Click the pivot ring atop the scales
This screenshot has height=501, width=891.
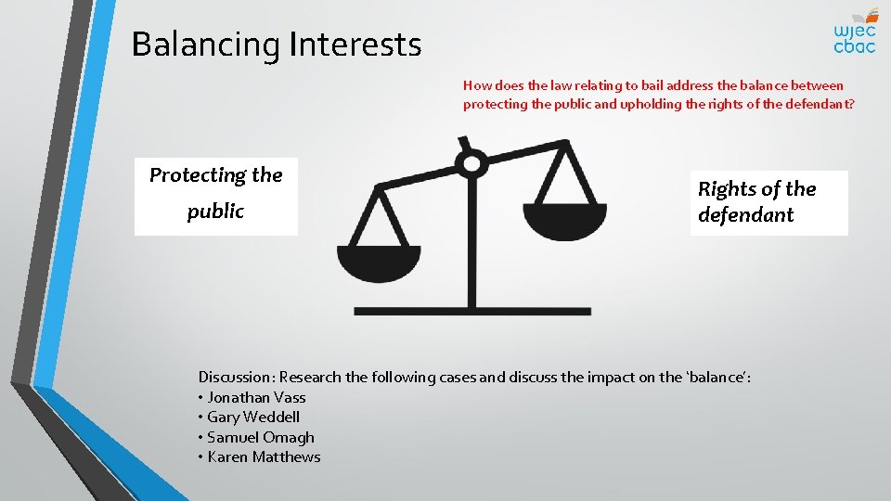point(471,165)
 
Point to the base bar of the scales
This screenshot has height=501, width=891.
point(471,311)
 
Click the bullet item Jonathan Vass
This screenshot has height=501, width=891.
point(256,397)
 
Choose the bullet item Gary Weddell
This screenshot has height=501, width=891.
point(253,417)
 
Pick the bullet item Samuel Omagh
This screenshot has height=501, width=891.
point(261,437)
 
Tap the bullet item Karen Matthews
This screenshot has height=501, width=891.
point(264,456)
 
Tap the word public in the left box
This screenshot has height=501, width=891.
point(215,211)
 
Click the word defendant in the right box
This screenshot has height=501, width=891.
point(745,214)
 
